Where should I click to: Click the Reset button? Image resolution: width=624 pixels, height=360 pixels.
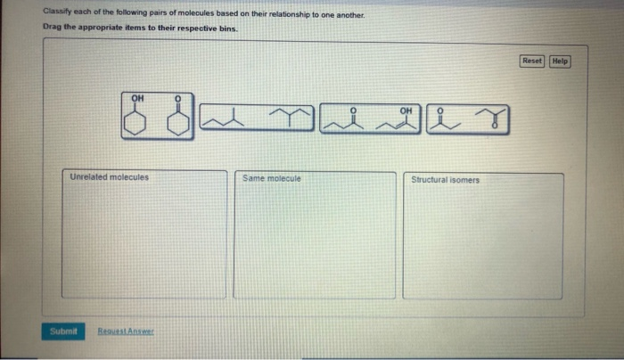531,61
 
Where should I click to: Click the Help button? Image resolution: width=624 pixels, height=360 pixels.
559,61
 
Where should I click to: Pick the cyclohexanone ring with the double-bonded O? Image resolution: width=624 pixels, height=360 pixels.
178,119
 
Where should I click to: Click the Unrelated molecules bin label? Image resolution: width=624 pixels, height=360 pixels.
109,177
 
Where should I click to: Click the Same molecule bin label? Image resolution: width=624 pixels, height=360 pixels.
272,178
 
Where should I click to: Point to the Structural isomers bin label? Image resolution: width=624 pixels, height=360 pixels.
445,179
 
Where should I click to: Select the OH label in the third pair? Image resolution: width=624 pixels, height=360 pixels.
406,110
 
